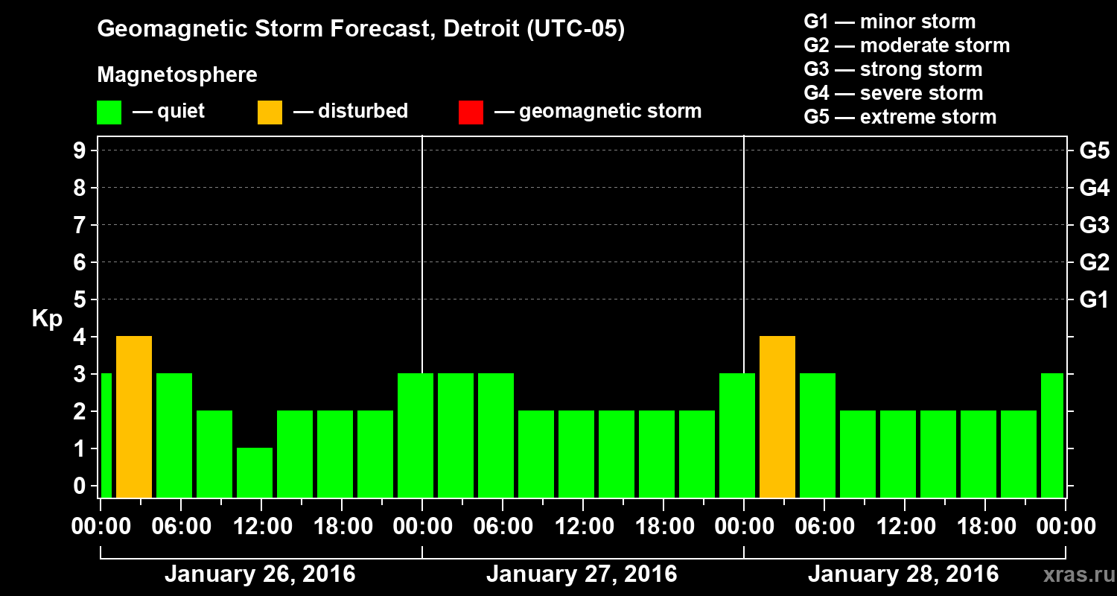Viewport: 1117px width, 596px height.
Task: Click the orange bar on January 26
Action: [x=134, y=417]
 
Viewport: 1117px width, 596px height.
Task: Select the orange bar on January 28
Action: [x=777, y=417]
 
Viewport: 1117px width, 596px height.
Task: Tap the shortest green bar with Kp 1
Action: [x=255, y=472]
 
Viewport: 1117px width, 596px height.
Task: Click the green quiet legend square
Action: [x=109, y=112]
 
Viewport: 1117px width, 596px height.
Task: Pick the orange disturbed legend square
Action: [x=270, y=112]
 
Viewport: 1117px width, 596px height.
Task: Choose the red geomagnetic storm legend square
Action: [x=471, y=112]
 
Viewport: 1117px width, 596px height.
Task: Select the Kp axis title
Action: [x=47, y=319]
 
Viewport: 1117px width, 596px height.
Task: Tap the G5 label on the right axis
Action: [x=1094, y=150]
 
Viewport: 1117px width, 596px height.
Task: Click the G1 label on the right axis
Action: [x=1094, y=299]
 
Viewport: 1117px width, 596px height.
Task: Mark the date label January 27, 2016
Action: [x=582, y=574]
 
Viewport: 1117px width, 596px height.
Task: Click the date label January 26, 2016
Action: [x=260, y=574]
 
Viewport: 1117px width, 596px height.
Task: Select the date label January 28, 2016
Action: [x=903, y=574]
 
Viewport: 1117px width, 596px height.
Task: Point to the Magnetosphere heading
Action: [x=177, y=75]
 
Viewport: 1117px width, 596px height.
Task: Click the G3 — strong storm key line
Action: [x=893, y=69]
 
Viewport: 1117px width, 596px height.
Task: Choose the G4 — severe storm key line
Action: [x=894, y=93]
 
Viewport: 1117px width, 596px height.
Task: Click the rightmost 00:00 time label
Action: [x=1065, y=527]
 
